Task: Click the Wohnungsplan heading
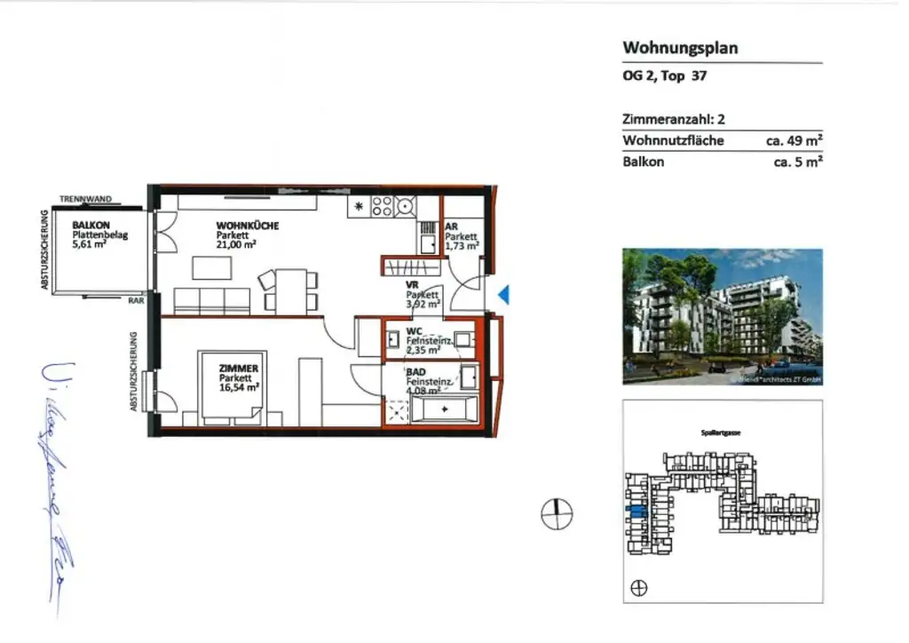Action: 680,48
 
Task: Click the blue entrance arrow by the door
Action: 502,295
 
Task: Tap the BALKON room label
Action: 91,226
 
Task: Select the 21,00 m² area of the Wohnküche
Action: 236,244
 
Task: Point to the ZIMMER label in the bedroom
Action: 240,368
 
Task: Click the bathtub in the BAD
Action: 446,410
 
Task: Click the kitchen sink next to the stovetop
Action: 425,240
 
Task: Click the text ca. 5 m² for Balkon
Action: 798,162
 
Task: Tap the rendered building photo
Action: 722,316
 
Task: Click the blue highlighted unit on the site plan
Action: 636,511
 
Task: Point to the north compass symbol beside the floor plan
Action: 557,512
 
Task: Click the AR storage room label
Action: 452,226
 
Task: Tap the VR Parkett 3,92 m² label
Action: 423,294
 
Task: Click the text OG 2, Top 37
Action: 664,75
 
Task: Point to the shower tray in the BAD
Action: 396,411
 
